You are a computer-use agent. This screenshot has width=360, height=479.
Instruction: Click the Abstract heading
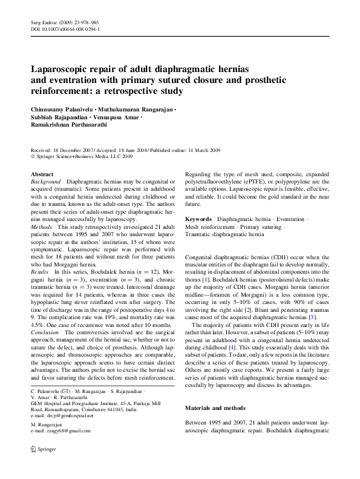tap(42, 173)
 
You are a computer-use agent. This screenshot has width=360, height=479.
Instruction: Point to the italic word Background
tap(45, 181)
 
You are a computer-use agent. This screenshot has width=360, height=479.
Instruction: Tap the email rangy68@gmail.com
tap(67, 431)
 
